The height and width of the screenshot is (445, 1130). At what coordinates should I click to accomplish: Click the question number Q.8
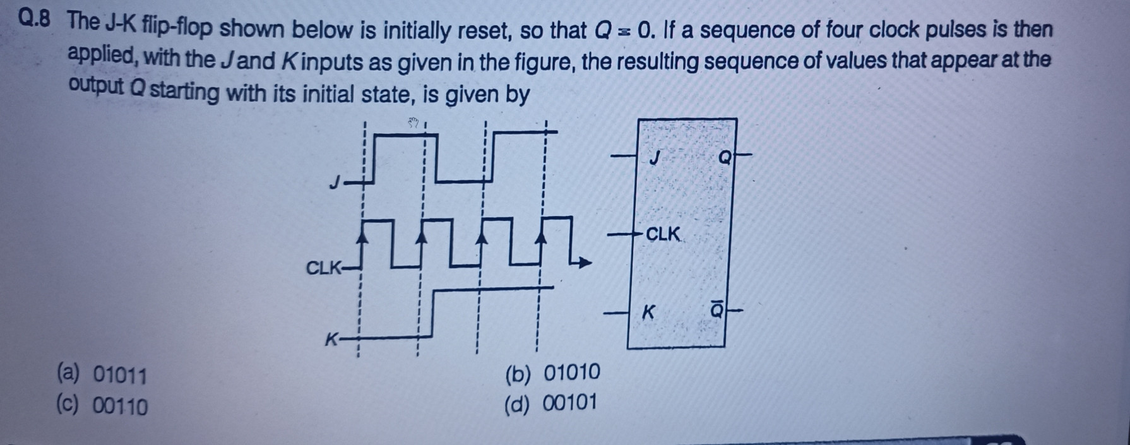pyautogui.click(x=36, y=21)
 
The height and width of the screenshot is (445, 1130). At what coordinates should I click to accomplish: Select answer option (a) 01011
pyautogui.click(x=102, y=375)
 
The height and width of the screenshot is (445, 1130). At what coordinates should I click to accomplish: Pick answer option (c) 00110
pyautogui.click(x=102, y=405)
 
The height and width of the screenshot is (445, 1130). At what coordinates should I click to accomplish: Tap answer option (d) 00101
pyautogui.click(x=551, y=403)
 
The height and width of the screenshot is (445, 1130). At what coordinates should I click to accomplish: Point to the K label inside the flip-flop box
pyautogui.click(x=649, y=312)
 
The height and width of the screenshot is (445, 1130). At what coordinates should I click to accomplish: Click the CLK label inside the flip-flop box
pyautogui.click(x=663, y=235)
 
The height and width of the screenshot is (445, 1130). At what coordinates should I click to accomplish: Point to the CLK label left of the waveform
pyautogui.click(x=322, y=268)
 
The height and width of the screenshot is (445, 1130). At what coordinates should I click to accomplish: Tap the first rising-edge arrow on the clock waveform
pyautogui.click(x=363, y=236)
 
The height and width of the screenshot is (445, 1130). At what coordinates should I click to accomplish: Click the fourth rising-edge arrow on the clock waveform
pyautogui.click(x=541, y=236)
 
